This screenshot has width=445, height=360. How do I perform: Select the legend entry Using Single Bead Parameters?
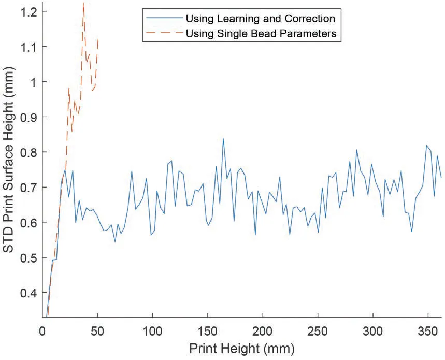(x=262, y=34)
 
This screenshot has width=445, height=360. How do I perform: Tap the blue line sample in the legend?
(x=163, y=19)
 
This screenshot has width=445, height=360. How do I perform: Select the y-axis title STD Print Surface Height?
(x=9, y=166)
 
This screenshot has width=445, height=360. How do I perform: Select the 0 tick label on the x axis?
(x=43, y=330)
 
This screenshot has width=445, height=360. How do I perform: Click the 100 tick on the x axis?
(x=152, y=330)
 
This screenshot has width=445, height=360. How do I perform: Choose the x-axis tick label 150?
(x=207, y=330)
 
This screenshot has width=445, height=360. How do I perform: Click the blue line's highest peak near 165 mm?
(x=223, y=139)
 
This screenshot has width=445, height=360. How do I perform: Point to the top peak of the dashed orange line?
(x=83, y=4)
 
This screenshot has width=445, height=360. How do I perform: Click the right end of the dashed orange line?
(x=98, y=39)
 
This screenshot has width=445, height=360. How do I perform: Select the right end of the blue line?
(x=441, y=177)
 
